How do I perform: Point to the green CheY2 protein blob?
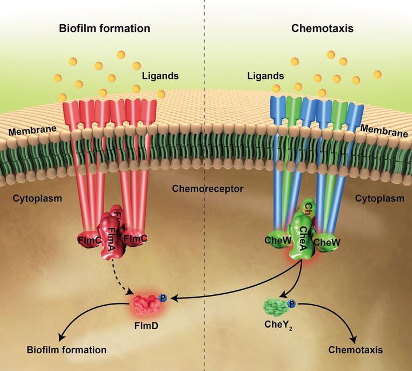pos(277,308)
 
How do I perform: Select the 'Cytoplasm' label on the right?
pos(379,199)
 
